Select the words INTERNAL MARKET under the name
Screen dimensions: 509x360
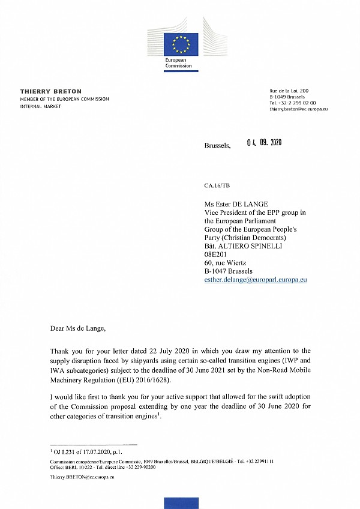[41, 105]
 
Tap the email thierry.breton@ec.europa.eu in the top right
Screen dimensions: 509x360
[298, 110]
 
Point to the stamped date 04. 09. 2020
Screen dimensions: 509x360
[264, 143]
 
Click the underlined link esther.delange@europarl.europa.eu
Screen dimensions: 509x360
[256, 280]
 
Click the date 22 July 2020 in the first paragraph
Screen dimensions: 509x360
[155, 351]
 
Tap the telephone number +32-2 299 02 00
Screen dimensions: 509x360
[293, 103]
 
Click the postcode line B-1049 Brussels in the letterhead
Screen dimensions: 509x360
[287, 97]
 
